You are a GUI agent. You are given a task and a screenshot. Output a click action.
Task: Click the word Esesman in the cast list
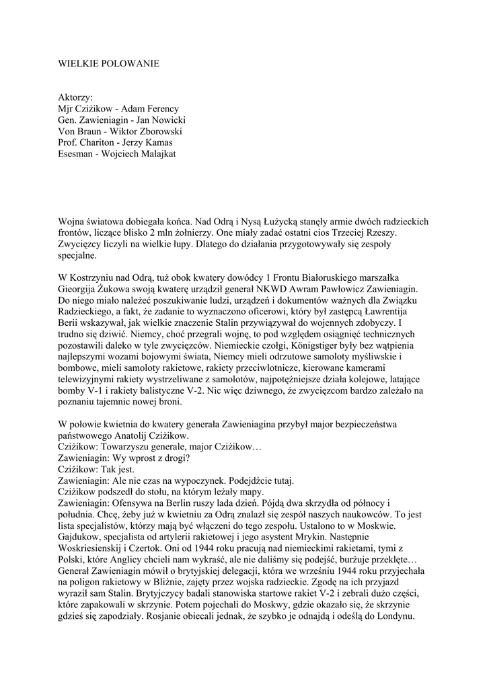(x=77, y=155)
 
